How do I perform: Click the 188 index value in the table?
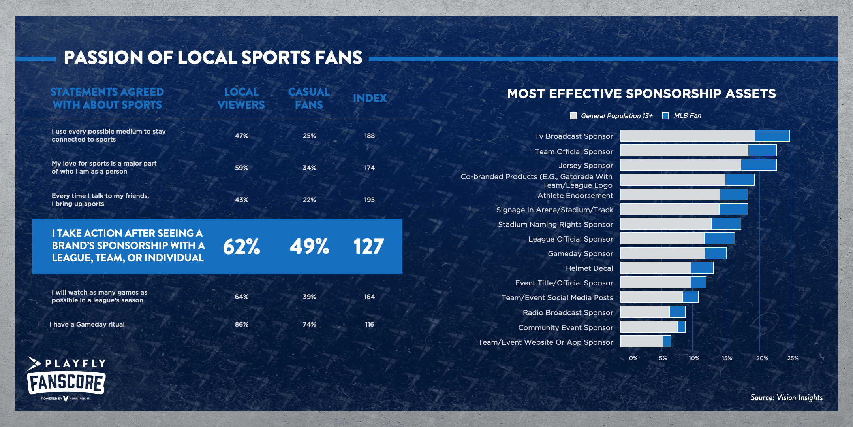tap(369, 136)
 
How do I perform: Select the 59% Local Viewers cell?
tap(241, 168)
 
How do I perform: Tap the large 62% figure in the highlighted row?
tap(241, 247)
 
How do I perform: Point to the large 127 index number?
tap(368, 247)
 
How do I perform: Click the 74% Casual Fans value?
tap(309, 324)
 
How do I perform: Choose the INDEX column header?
tap(370, 98)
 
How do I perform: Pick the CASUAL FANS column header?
tap(309, 98)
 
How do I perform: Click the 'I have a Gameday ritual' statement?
tap(87, 324)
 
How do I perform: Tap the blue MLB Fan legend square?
tap(665, 116)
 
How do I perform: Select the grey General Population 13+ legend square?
tap(573, 116)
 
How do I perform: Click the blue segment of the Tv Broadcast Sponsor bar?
tap(772, 136)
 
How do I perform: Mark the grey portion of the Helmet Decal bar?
tap(656, 268)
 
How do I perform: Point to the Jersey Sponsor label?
tap(586, 165)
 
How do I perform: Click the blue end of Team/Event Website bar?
tap(667, 341)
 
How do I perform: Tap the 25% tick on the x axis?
tap(793, 358)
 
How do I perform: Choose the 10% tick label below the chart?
tap(694, 358)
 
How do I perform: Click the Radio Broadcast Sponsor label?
tap(568, 312)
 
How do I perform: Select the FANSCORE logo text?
tap(66, 383)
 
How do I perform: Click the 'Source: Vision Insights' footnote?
tap(786, 397)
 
